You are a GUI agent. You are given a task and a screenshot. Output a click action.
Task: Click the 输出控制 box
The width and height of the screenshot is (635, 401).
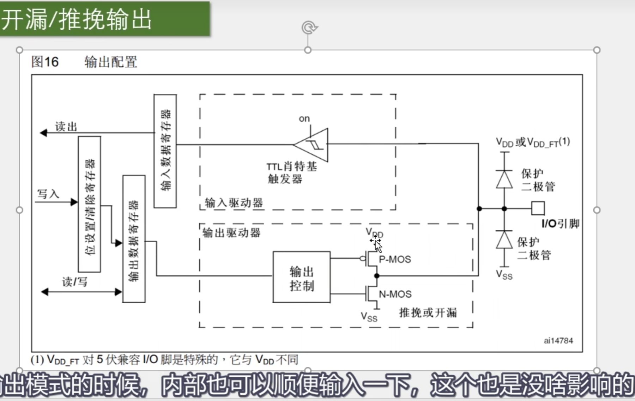[x=301, y=277]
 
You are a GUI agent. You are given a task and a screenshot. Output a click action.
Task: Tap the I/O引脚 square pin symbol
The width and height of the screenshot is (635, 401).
[x=538, y=208]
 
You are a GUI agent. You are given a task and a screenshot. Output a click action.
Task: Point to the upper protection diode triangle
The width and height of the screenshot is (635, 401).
[x=504, y=180]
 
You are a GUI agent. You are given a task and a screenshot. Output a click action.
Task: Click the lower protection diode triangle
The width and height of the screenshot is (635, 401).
[x=504, y=240]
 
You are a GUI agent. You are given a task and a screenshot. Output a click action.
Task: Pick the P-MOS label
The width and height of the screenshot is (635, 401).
[x=395, y=260]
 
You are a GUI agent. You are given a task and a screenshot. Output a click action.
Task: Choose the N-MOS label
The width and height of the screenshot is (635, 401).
[x=395, y=294]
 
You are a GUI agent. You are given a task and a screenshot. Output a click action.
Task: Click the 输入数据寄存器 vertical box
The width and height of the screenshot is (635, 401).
[x=165, y=151]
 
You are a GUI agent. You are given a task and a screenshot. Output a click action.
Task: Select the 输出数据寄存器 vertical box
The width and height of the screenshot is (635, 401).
[x=134, y=239]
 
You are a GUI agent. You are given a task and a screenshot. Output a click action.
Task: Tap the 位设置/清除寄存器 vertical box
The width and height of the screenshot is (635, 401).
[x=89, y=204]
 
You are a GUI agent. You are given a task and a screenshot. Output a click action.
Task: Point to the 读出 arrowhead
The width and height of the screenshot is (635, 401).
[x=43, y=133]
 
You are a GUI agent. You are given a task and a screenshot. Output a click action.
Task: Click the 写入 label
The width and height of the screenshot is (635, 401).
[x=48, y=194]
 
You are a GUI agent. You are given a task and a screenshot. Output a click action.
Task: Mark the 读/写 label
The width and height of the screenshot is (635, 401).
[x=74, y=282]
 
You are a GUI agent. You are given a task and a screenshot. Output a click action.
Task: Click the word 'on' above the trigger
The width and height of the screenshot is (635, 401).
[x=304, y=119]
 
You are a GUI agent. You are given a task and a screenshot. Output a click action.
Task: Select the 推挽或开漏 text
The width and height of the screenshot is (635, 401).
[x=428, y=312]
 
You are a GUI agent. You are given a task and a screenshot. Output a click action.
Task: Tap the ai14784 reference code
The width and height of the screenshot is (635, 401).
[x=558, y=341]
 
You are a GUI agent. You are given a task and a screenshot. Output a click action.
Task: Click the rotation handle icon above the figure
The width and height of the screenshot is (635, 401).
[x=309, y=28]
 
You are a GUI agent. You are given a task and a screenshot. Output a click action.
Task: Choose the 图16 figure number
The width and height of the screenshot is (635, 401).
[x=45, y=62]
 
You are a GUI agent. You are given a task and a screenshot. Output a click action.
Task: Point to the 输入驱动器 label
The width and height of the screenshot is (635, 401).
[x=234, y=203]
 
